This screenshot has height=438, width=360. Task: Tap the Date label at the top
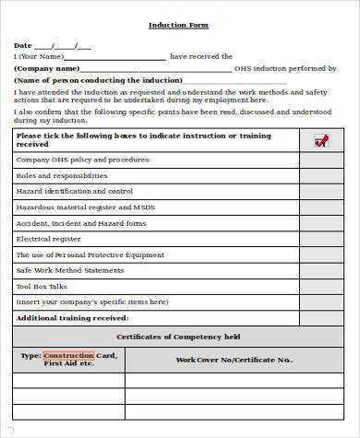pyautogui.click(x=22, y=45)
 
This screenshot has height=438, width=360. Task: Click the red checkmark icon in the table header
pyautogui.click(x=320, y=140)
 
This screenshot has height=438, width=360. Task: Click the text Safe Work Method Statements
pyautogui.click(x=69, y=270)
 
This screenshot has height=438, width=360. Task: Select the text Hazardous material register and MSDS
pyautogui.click(x=86, y=207)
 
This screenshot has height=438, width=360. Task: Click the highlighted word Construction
pyautogui.click(x=69, y=355)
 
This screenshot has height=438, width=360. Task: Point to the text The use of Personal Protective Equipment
pyautogui.click(x=90, y=254)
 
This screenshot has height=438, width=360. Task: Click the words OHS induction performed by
pyautogui.click(x=285, y=68)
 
